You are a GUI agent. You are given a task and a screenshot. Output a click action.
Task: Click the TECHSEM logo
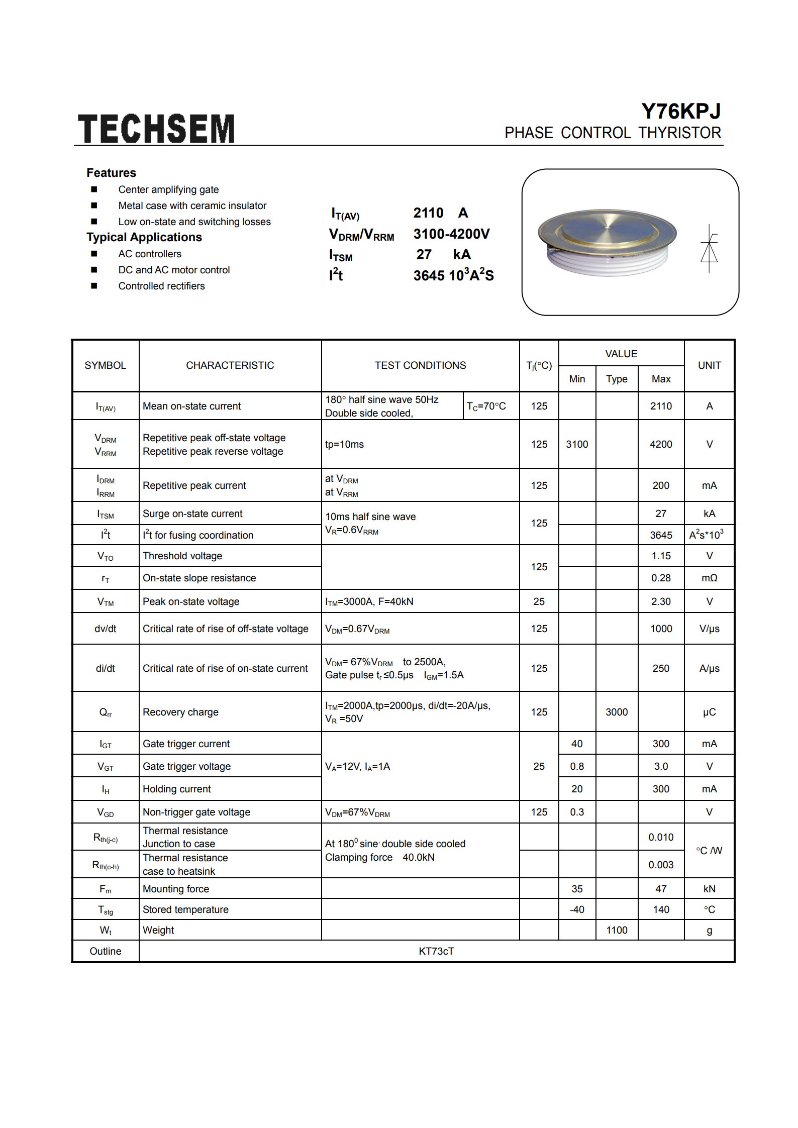click(156, 128)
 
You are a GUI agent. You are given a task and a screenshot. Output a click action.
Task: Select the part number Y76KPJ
click(681, 111)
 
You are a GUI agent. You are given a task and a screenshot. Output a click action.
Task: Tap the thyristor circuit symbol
click(709, 249)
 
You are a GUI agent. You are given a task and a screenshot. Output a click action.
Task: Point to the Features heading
click(111, 173)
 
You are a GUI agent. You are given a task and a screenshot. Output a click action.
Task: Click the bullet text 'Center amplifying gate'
click(168, 189)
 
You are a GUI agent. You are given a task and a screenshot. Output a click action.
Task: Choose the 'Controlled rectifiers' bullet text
click(161, 286)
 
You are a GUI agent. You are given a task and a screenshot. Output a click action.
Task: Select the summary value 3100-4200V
click(451, 234)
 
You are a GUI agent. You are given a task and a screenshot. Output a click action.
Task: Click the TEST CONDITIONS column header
click(420, 365)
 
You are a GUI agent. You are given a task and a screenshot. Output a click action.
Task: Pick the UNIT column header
click(709, 365)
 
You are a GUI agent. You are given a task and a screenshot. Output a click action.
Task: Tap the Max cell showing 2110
click(661, 406)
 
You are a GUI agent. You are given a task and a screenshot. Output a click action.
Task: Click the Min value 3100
click(577, 444)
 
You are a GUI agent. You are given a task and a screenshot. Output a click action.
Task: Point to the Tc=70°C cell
click(486, 406)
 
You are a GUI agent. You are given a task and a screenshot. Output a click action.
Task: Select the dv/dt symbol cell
click(106, 629)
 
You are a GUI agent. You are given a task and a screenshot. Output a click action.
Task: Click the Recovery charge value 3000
click(617, 712)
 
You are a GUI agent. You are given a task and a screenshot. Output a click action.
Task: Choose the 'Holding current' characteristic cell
click(177, 789)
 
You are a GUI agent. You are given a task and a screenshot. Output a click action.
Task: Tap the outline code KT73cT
click(436, 951)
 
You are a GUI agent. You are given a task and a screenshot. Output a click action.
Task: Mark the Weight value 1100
click(617, 930)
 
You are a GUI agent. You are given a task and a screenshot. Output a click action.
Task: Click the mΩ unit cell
click(709, 578)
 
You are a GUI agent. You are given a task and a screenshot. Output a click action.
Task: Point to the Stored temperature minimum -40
click(577, 909)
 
